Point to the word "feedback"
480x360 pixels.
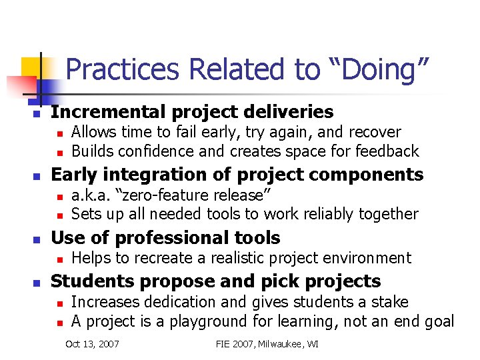(387, 151)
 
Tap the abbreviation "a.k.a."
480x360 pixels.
(92, 195)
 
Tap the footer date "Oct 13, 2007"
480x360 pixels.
(93, 344)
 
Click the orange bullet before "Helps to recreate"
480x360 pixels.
(59, 259)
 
